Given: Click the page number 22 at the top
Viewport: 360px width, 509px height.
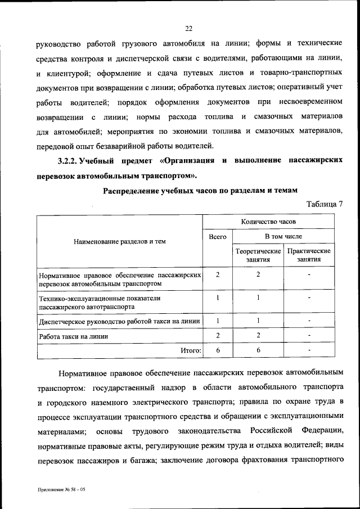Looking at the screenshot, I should click(x=188, y=29).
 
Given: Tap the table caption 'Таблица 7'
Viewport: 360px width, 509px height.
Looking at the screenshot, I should click(x=325, y=204).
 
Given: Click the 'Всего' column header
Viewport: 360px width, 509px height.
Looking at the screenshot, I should click(x=217, y=237).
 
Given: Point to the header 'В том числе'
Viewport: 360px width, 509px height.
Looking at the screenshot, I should click(x=283, y=237).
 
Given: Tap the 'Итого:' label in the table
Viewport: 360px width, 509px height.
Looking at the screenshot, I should click(x=191, y=350).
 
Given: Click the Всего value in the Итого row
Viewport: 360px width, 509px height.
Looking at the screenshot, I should click(x=217, y=350).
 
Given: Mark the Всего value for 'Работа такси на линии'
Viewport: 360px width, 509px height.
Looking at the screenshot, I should click(x=217, y=336).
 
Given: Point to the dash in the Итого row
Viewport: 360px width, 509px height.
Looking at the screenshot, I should click(x=309, y=350).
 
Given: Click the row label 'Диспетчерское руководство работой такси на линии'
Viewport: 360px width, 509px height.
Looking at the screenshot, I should click(x=119, y=322).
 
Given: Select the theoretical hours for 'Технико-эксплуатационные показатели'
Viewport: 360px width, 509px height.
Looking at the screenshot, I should click(x=258, y=298).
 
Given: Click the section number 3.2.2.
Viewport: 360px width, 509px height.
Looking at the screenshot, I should click(x=69, y=161).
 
